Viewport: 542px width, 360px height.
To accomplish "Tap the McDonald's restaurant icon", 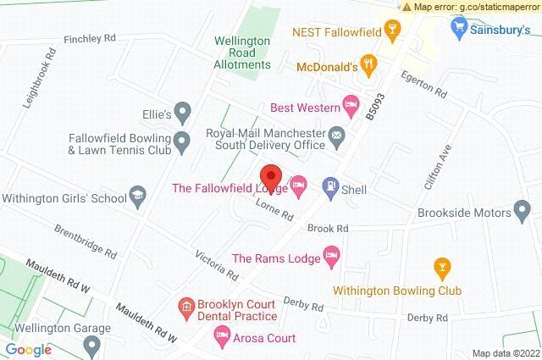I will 368,64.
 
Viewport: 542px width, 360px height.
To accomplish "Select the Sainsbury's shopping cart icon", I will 460,30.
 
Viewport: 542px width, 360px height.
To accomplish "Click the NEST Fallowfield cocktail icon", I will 391,31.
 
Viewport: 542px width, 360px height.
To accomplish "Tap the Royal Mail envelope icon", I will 337,136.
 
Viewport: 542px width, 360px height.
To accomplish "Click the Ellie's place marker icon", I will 180,111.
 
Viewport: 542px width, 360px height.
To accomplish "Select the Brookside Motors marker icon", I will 523,210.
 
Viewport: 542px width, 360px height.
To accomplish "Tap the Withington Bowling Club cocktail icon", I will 440,269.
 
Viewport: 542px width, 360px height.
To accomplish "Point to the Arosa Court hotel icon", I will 223,337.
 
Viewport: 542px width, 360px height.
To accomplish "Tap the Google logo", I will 28,349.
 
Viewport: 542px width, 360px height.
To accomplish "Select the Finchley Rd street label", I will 90,40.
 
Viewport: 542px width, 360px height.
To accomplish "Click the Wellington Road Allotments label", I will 241,53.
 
